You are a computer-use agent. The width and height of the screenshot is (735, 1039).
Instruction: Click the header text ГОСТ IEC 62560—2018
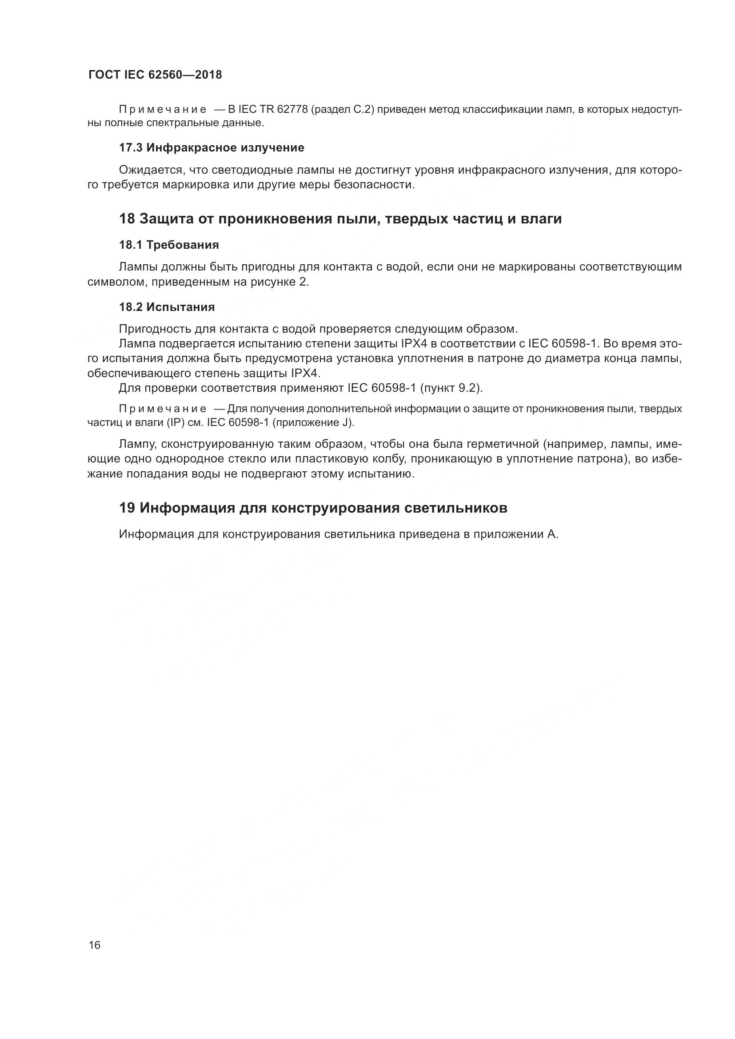click(x=155, y=75)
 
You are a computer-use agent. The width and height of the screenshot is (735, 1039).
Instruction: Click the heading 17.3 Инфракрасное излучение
click(x=212, y=147)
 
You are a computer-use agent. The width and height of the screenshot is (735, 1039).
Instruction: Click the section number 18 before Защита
click(x=127, y=219)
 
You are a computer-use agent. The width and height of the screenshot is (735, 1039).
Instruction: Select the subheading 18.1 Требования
click(x=169, y=245)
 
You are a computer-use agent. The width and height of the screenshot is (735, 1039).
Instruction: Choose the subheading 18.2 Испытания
click(x=167, y=307)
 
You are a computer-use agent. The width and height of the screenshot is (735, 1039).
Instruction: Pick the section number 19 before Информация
click(x=127, y=508)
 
